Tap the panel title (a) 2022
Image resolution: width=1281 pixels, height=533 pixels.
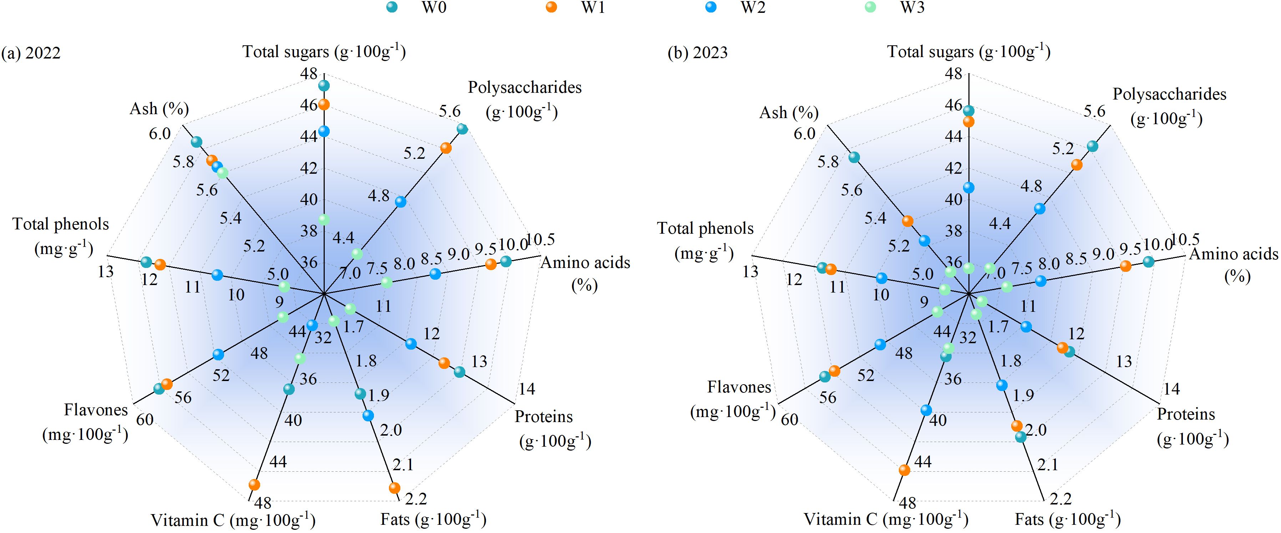pyautogui.click(x=31, y=53)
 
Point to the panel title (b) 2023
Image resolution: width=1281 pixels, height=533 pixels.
pyautogui.click(x=697, y=53)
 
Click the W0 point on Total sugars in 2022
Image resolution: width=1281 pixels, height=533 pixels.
pyautogui.click(x=324, y=86)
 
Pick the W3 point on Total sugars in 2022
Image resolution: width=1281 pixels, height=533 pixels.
pyautogui.click(x=324, y=219)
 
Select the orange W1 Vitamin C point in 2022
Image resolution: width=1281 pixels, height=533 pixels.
pyautogui.click(x=254, y=484)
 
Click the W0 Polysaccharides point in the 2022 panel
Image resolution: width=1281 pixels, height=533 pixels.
pyautogui.click(x=462, y=129)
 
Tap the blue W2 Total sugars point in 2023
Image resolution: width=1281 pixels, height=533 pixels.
pyautogui.click(x=968, y=187)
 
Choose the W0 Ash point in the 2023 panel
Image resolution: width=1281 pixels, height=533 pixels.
pyautogui.click(x=854, y=157)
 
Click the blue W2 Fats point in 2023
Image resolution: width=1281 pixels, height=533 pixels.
pyautogui.click(x=1002, y=385)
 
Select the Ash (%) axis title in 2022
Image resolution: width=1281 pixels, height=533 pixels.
pyautogui.click(x=159, y=108)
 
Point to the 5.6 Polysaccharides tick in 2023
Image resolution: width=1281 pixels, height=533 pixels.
pyautogui.click(x=1094, y=111)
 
